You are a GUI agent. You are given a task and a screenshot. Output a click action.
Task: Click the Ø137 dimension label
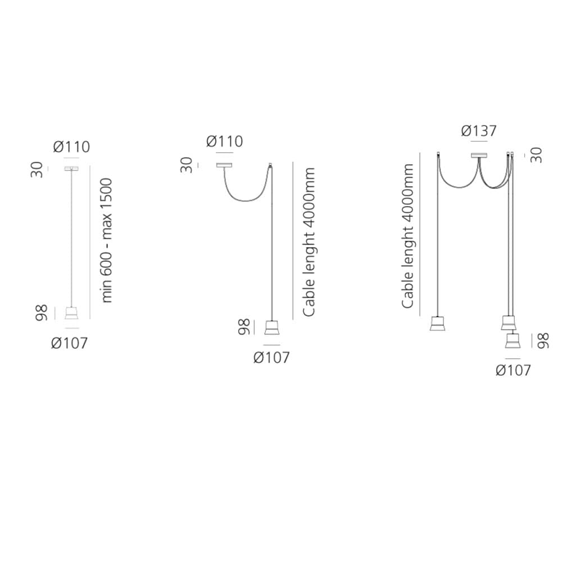[479, 131]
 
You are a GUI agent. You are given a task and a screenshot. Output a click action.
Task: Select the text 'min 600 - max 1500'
[107, 241]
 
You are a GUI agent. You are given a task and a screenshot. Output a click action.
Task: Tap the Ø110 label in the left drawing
[72, 147]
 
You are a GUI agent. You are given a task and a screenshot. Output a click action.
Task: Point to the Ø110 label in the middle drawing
[225, 141]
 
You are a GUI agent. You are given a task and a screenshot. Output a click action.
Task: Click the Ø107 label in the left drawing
[69, 343]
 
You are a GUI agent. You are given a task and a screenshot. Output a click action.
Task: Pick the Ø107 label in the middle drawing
[271, 357]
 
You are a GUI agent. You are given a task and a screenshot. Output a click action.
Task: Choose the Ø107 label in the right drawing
[513, 370]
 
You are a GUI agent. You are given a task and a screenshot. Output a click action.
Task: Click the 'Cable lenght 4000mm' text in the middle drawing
[309, 242]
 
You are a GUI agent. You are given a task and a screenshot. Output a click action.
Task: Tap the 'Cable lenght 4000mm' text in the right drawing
[407, 236]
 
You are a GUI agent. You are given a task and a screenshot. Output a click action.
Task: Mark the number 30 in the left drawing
[37, 170]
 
